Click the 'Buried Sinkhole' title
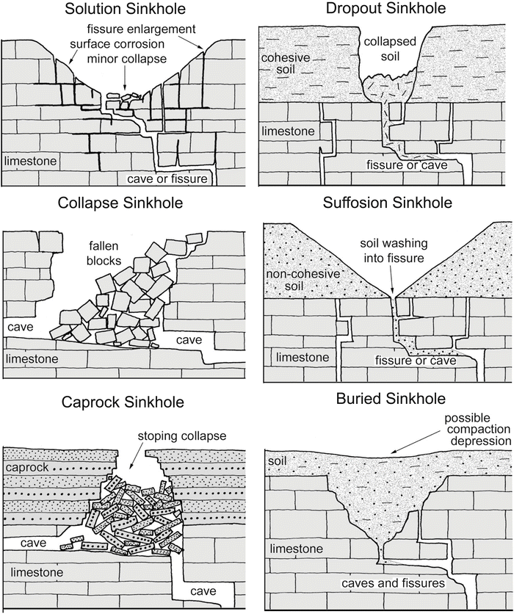390,400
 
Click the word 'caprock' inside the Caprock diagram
27,467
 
